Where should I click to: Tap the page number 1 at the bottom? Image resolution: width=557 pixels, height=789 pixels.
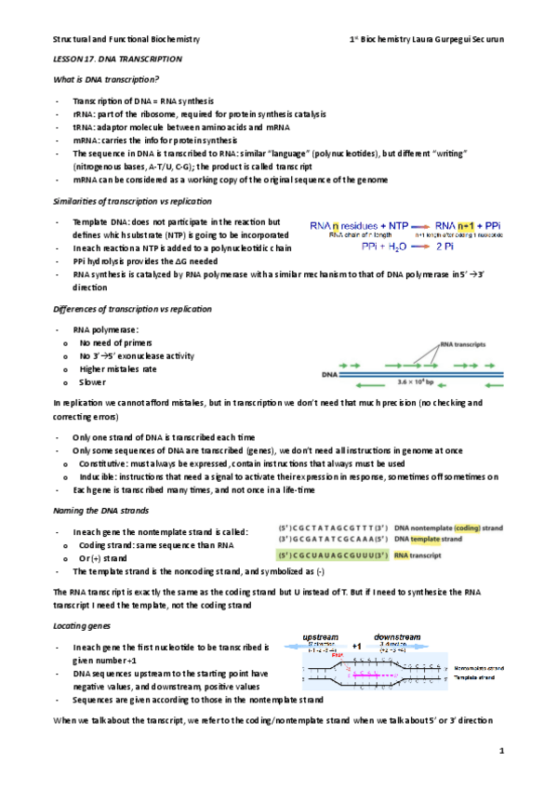500,750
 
